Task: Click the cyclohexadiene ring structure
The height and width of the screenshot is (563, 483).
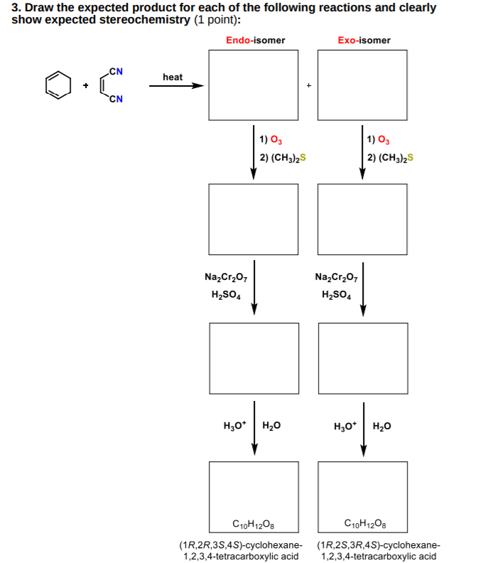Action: click(x=59, y=85)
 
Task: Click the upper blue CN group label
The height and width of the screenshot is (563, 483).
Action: click(x=116, y=71)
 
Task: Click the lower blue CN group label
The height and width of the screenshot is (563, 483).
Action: click(x=116, y=98)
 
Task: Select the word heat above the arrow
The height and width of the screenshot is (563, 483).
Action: click(x=173, y=76)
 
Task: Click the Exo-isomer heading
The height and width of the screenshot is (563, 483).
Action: click(x=364, y=41)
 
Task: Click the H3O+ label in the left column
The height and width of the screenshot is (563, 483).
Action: click(x=234, y=427)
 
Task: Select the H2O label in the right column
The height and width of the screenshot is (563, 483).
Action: click(x=381, y=427)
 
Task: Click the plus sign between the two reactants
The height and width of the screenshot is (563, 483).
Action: click(x=85, y=86)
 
